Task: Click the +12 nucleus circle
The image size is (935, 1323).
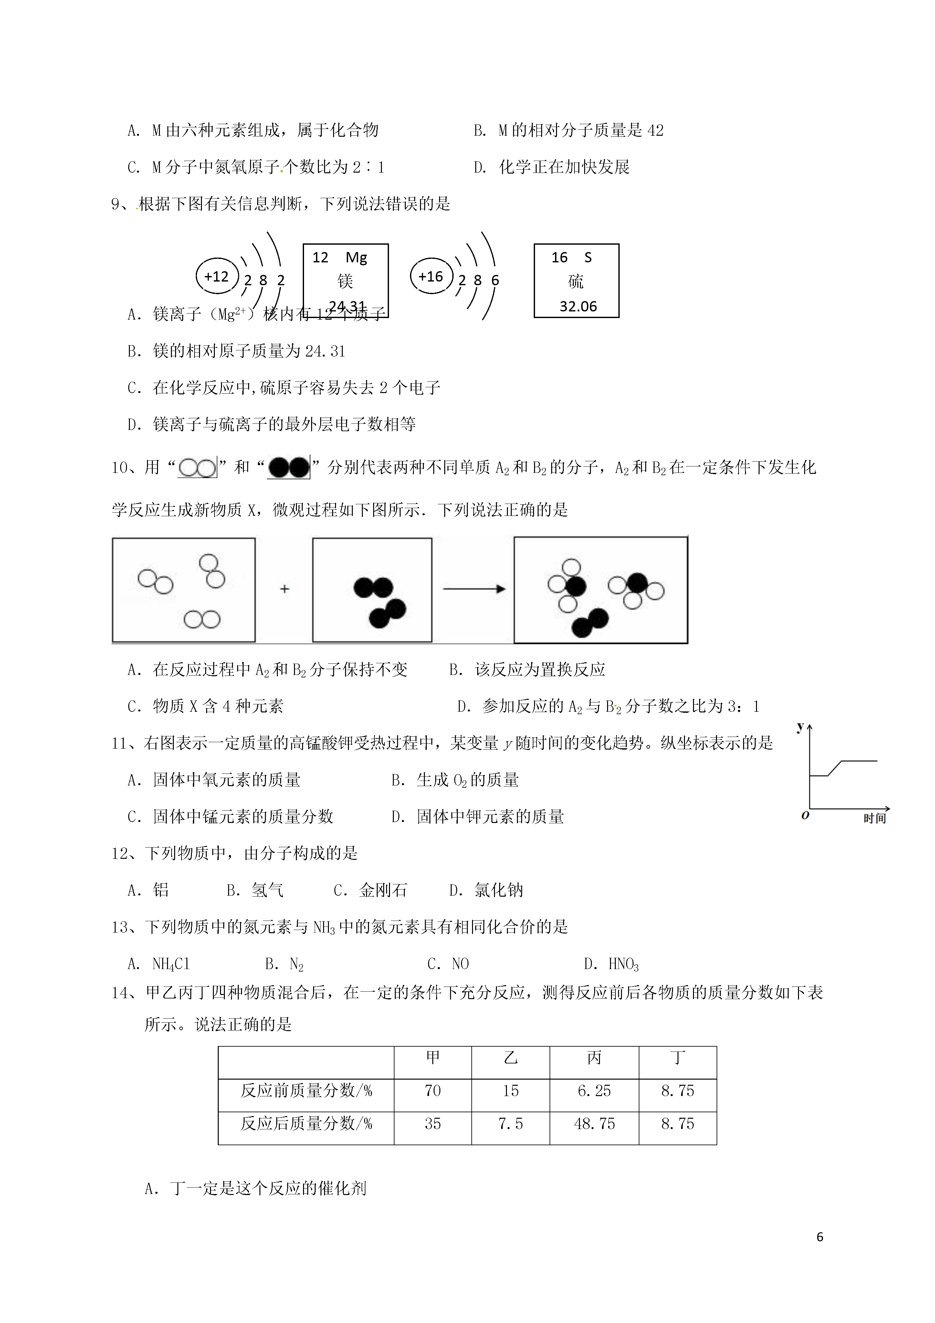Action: (216, 277)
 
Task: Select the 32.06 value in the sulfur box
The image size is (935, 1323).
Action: (578, 306)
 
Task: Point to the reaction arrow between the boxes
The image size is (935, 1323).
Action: (474, 589)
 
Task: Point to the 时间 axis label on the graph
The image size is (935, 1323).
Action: (874, 819)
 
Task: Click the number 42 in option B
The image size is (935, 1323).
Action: (655, 131)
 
